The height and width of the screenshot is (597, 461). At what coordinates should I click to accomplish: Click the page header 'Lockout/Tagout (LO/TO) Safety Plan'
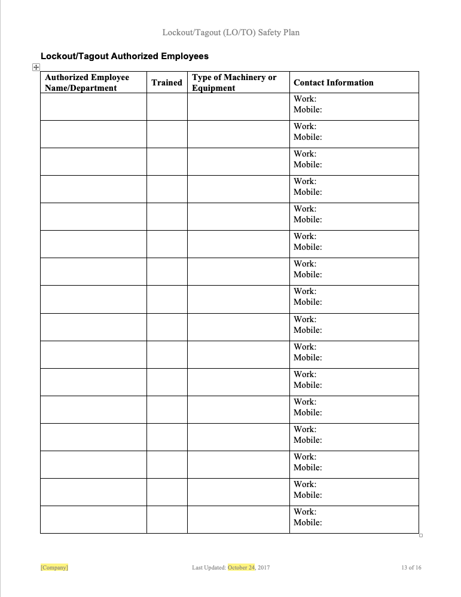tap(231, 32)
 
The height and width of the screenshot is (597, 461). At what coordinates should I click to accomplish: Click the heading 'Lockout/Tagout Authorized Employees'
tap(124, 56)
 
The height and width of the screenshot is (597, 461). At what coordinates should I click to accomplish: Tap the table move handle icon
tap(36, 68)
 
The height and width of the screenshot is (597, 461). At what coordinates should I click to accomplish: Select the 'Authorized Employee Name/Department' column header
tap(87, 82)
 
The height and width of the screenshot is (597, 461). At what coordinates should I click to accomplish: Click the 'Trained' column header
tap(167, 82)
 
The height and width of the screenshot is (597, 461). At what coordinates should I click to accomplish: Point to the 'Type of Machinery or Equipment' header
tap(234, 82)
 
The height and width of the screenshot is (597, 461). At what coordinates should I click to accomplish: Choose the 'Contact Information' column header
tap(334, 82)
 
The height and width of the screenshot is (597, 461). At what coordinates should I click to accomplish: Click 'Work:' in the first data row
tap(305, 99)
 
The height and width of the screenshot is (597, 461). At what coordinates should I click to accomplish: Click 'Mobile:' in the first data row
tap(308, 109)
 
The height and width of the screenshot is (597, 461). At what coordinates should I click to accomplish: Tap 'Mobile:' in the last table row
tap(308, 522)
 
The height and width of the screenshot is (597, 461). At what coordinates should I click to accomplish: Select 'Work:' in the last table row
tap(305, 512)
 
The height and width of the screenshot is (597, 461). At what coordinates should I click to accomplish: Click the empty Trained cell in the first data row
tap(167, 106)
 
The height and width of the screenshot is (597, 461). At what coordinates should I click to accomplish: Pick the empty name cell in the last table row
tap(93, 519)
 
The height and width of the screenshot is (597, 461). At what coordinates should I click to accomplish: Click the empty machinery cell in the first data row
tap(238, 106)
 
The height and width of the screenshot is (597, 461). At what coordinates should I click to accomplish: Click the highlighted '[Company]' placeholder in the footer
tap(54, 568)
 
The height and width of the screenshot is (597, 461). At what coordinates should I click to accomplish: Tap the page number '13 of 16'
tap(411, 568)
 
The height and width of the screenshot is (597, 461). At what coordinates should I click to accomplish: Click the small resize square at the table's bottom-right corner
tap(421, 535)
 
